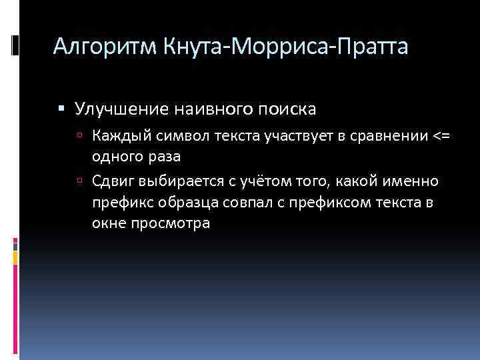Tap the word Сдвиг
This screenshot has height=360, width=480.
click(109, 182)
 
